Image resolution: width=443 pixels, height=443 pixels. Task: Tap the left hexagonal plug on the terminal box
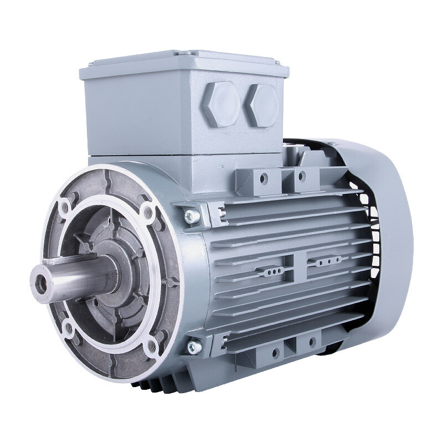(221, 104)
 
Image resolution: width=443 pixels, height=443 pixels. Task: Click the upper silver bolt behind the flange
(190, 214)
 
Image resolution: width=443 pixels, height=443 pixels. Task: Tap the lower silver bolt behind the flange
(192, 347)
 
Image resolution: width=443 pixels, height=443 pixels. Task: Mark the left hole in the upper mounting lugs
(264, 177)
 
